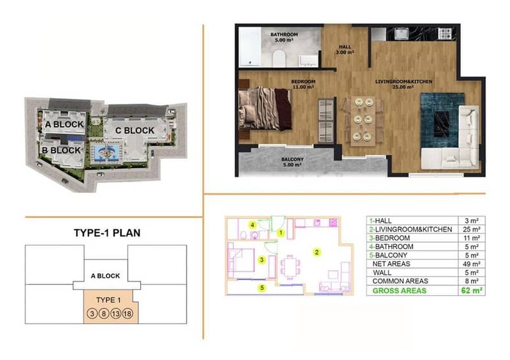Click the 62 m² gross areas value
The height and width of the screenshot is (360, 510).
click(x=472, y=291)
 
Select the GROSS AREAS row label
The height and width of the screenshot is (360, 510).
click(x=399, y=291)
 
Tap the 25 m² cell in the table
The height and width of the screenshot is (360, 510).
click(x=472, y=229)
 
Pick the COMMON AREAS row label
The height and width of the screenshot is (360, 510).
click(x=400, y=281)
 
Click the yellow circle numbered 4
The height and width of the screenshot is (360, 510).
click(x=252, y=225)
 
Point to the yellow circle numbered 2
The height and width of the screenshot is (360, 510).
click(x=316, y=252)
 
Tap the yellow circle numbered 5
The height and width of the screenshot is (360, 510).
click(x=262, y=288)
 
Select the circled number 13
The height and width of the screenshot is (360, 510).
click(x=116, y=313)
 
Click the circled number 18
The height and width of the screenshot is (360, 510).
click(x=127, y=313)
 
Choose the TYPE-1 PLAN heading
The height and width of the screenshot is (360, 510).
click(x=107, y=233)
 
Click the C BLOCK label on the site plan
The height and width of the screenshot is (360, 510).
click(x=135, y=131)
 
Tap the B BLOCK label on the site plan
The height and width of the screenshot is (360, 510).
click(x=61, y=150)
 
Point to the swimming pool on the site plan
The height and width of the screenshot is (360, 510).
click(x=106, y=152)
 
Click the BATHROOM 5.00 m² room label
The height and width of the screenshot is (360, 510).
click(x=284, y=37)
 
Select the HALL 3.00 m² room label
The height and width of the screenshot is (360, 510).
click(x=345, y=50)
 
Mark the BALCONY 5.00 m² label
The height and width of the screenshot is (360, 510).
click(x=293, y=162)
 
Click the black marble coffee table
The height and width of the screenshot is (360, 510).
click(x=441, y=124)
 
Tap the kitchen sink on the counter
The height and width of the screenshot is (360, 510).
click(x=401, y=33)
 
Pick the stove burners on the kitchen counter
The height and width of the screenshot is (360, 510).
click(x=444, y=33)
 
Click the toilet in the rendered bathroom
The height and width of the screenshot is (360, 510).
click(x=279, y=59)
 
